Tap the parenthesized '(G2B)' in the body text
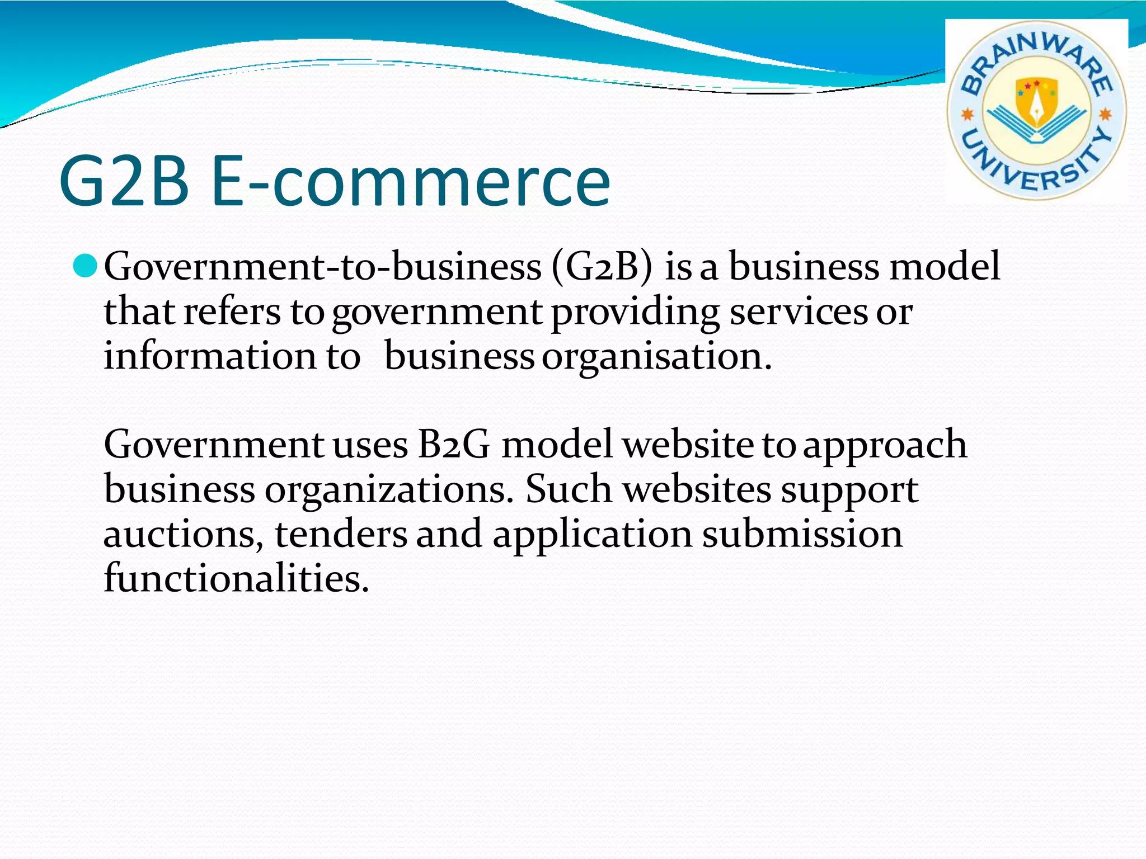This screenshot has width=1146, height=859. [x=602, y=267]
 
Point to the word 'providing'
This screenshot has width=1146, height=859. [x=635, y=313]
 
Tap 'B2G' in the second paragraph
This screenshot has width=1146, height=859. [x=454, y=445]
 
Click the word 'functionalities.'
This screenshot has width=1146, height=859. [x=237, y=577]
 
